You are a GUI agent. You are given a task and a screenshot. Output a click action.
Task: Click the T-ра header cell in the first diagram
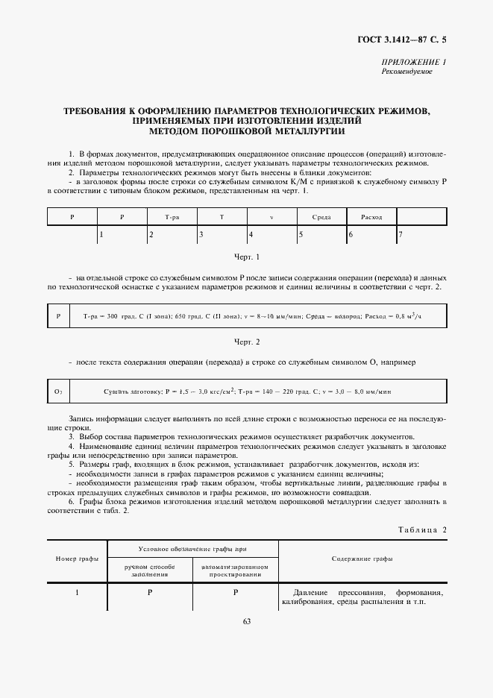click(x=172, y=217)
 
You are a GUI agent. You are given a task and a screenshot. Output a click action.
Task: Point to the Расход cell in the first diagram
click(x=371, y=217)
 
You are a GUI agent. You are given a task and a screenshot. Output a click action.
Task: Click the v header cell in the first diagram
click(x=271, y=217)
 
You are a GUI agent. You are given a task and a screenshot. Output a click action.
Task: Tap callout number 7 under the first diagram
click(x=401, y=235)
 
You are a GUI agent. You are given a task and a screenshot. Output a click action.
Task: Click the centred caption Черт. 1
click(x=246, y=257)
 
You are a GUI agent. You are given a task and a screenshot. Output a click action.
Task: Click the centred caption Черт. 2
click(x=246, y=342)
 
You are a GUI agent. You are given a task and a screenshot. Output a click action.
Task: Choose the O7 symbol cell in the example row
click(x=58, y=391)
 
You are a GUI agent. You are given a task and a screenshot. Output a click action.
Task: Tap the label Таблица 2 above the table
click(x=423, y=529)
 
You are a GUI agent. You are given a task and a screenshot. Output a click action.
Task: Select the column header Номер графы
click(x=77, y=559)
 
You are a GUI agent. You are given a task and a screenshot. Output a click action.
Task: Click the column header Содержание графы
click(x=363, y=559)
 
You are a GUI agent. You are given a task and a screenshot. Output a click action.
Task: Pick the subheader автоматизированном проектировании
click(x=235, y=570)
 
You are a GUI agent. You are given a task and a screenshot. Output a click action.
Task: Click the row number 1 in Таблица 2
click(x=77, y=593)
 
